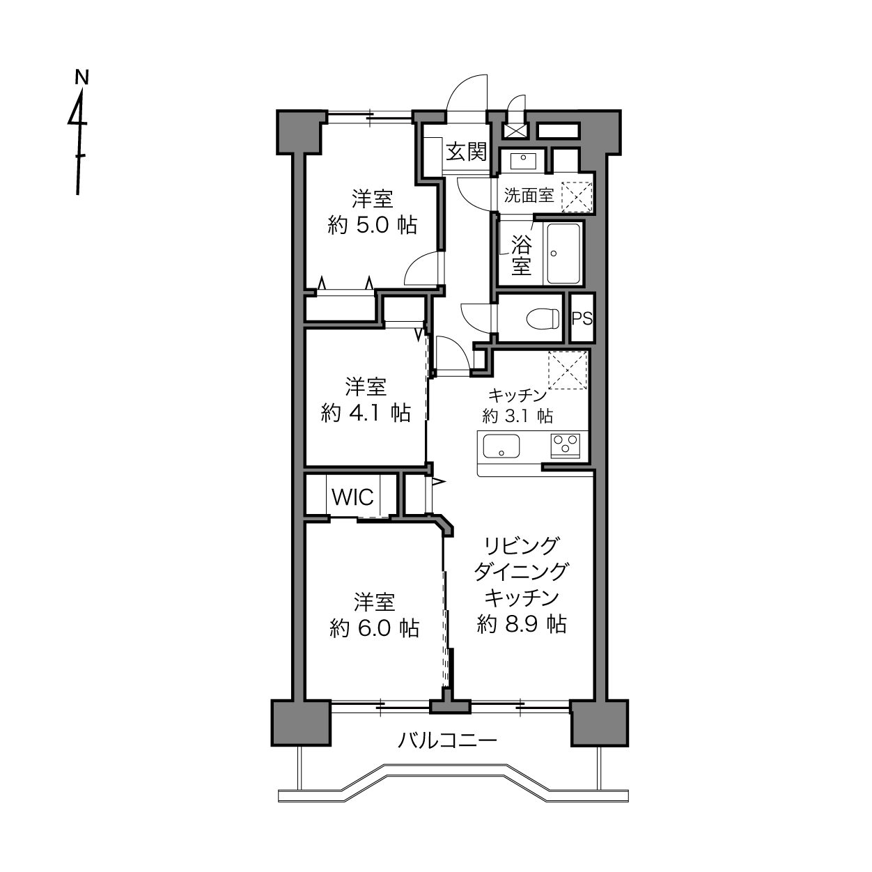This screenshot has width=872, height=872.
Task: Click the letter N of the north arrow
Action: [x=81, y=77]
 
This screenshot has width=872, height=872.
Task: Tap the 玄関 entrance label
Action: [x=466, y=152]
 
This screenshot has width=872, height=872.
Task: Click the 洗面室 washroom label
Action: [x=529, y=196]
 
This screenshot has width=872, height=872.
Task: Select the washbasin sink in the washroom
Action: [x=523, y=160]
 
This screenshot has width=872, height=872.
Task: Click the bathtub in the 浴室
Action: [x=563, y=254]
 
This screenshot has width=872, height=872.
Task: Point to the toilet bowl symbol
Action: [x=543, y=318]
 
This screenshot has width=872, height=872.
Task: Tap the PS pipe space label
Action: [x=582, y=318]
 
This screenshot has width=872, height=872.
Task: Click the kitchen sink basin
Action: [x=501, y=446]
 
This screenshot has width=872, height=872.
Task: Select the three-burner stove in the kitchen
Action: [x=565, y=445]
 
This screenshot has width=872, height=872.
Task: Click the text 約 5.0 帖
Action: [x=372, y=226]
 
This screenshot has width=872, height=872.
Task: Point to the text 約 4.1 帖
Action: [x=366, y=413]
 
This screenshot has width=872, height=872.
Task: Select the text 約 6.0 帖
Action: [x=374, y=628]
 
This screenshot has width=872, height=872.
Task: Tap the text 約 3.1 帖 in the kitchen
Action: [x=517, y=416]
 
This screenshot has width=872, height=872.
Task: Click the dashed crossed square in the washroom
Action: [x=577, y=197]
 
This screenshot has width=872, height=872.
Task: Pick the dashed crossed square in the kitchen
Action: [x=568, y=371]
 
